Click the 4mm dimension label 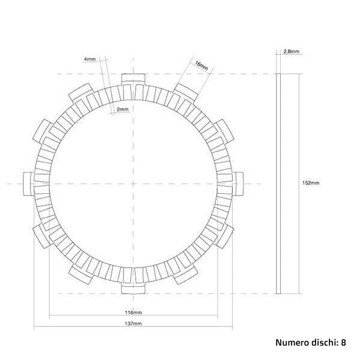(89, 59)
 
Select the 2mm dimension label (122, 110)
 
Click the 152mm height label (311, 182)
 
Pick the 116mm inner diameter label (134, 313)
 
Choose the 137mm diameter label (134, 324)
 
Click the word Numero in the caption (291, 343)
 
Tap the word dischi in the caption (323, 343)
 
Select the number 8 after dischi (343, 343)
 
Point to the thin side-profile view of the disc (278, 183)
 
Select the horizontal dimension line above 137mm (133, 328)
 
